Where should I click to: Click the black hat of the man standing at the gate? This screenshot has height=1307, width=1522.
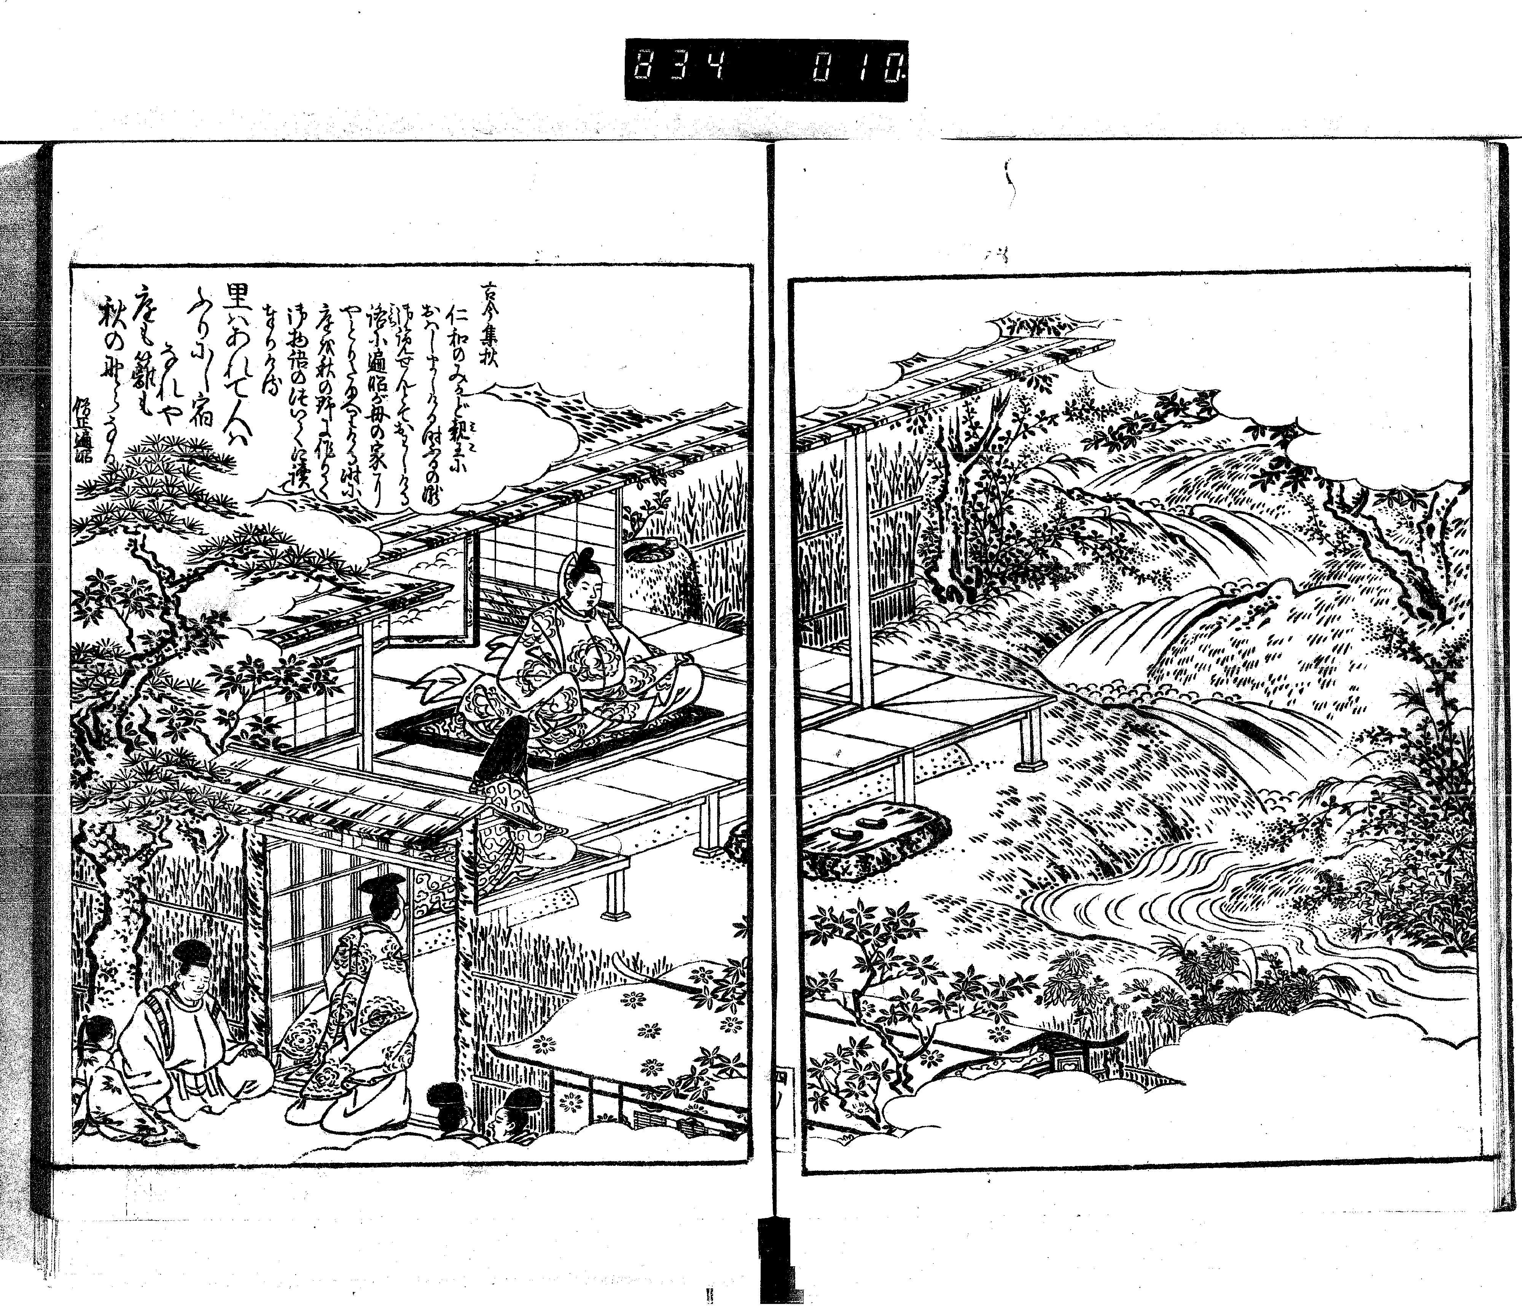tap(383, 893)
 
